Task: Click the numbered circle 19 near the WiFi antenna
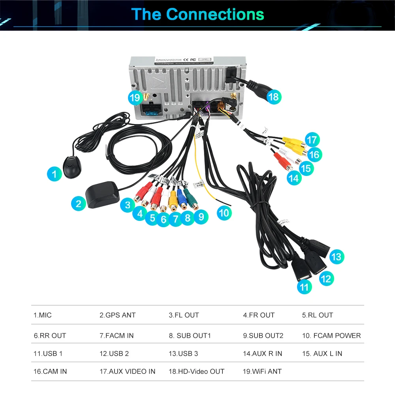point(135,97)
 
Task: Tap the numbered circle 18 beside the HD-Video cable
point(273,96)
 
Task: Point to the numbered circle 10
point(224,213)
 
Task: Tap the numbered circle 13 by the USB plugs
point(336,257)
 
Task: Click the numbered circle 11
point(304,287)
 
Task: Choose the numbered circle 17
point(312,140)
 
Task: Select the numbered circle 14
point(293,178)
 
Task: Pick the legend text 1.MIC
point(43,315)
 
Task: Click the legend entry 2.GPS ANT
point(117,315)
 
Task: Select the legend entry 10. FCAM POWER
point(331,336)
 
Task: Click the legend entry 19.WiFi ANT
point(262,372)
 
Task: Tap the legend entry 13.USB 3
point(183,353)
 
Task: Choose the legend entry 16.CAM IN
point(50,372)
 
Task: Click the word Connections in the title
point(215,14)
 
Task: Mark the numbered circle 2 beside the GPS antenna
point(79,204)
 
